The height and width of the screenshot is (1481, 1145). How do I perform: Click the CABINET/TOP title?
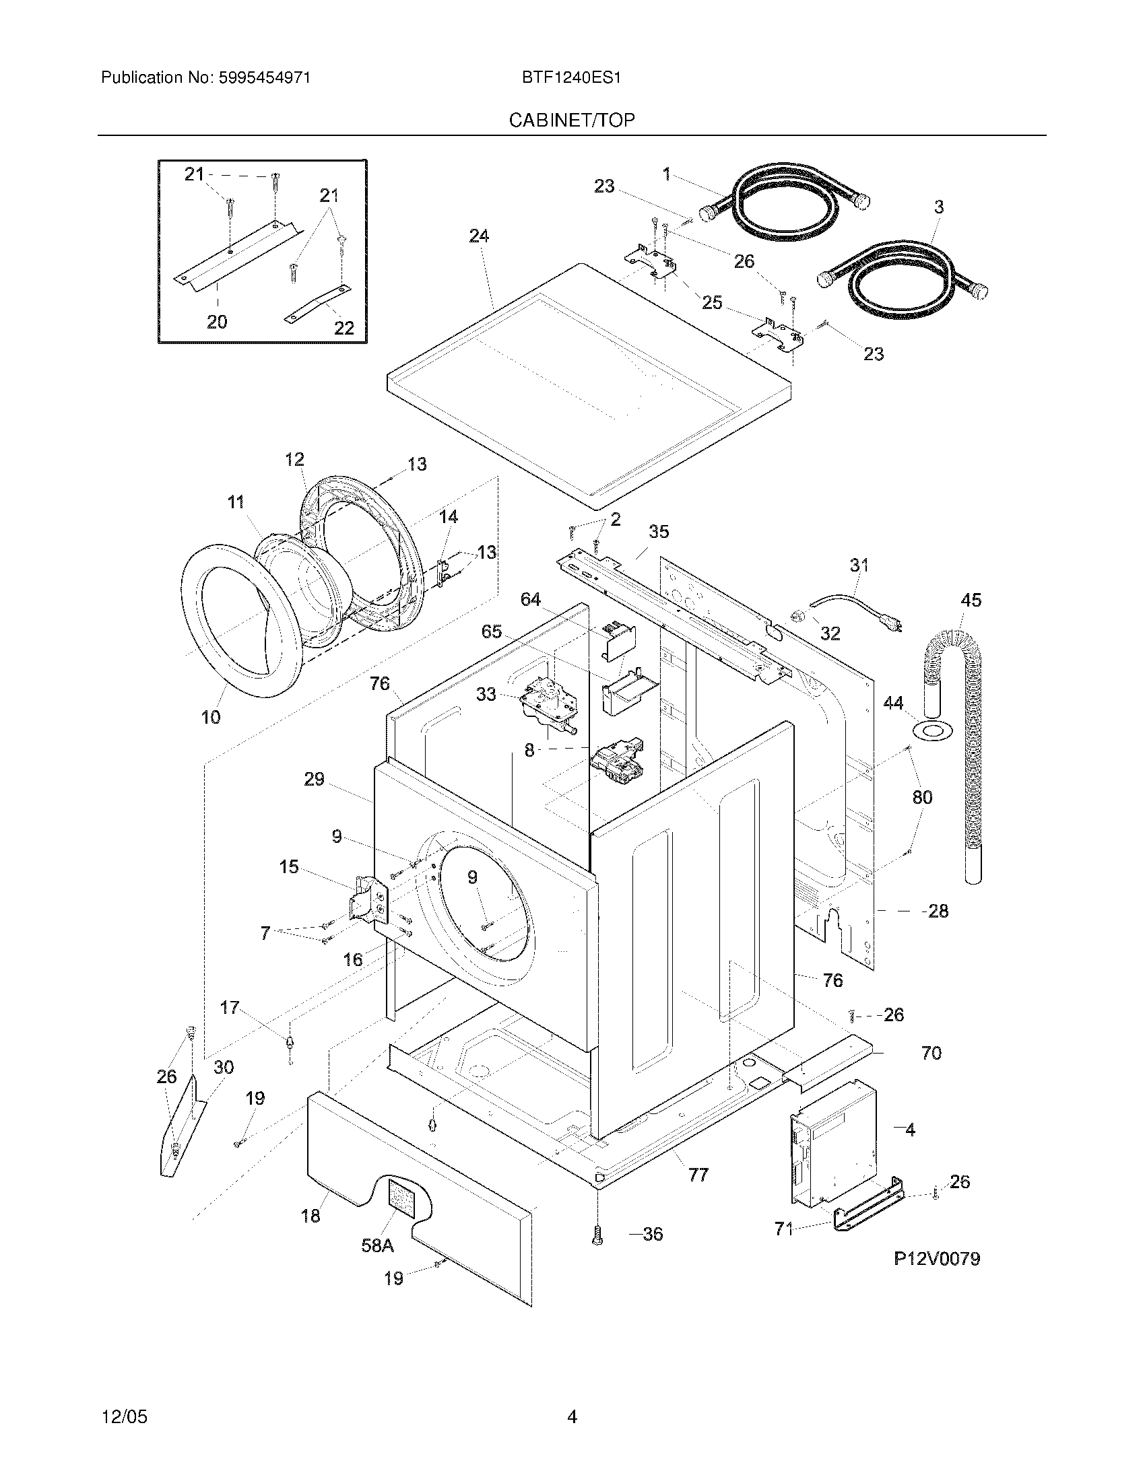click(572, 120)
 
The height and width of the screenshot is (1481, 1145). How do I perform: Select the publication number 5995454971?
click(264, 78)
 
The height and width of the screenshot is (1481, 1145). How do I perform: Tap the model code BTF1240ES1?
click(571, 78)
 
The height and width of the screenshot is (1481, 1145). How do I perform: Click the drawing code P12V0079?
click(936, 1259)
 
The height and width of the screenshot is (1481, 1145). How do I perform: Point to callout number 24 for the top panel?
click(479, 236)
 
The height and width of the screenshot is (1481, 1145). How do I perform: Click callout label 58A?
click(377, 1245)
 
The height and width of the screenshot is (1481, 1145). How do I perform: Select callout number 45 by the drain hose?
click(971, 600)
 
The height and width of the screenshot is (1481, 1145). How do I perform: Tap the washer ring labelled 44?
click(934, 731)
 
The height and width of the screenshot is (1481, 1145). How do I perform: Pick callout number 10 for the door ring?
click(211, 717)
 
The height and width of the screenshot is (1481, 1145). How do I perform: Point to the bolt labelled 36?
click(597, 1235)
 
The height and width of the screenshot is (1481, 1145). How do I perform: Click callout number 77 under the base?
click(698, 1175)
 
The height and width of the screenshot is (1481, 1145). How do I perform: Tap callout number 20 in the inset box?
click(217, 322)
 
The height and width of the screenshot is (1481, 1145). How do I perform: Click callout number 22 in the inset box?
click(344, 329)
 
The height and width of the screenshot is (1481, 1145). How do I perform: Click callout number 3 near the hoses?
click(939, 207)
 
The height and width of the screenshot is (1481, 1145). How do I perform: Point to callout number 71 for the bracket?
click(783, 1228)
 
